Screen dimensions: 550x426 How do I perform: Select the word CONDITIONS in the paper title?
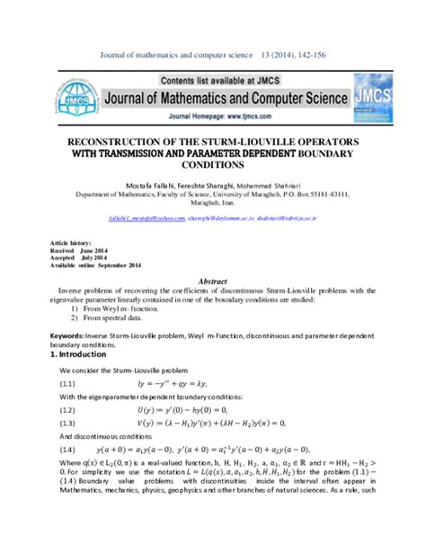(x=213, y=166)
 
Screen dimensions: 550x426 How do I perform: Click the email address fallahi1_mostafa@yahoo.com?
(x=138, y=217)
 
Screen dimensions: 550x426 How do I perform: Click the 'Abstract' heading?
(x=212, y=281)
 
